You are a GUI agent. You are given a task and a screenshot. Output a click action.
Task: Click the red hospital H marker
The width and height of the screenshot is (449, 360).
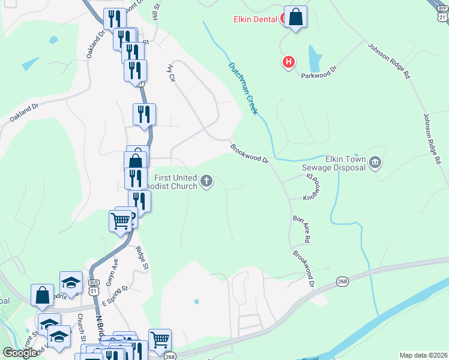coord(289,61)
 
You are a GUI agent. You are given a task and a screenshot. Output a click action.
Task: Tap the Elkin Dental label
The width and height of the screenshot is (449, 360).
coord(255,19)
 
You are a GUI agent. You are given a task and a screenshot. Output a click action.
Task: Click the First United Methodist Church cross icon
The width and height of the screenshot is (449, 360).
coord(206,181)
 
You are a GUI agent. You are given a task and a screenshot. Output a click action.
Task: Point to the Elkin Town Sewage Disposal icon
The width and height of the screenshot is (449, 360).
coord(375,162)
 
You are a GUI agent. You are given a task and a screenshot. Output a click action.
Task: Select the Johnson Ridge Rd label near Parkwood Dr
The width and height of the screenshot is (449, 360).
coord(389,61)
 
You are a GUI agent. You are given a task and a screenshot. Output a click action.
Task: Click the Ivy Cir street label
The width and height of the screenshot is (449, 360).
coord(172,74)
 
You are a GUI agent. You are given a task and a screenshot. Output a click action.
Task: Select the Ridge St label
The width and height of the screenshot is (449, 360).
coord(142,257)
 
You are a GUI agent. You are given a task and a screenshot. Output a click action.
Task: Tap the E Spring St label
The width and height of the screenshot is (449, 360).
coord(115,293)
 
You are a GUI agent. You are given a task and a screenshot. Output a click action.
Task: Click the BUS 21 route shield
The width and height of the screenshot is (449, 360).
coord(93,286)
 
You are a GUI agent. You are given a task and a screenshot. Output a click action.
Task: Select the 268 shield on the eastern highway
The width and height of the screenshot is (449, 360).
coord(342,281)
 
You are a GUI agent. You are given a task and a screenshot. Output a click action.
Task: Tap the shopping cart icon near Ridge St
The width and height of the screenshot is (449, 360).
coord(121,221)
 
